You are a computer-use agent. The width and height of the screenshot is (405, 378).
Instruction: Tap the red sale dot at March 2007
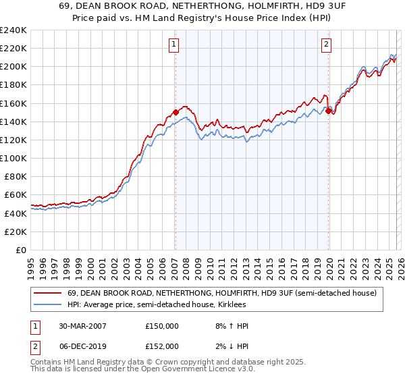click(175, 112)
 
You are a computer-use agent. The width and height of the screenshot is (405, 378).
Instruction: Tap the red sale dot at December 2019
click(328, 111)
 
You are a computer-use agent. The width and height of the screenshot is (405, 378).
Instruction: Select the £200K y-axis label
click(13, 67)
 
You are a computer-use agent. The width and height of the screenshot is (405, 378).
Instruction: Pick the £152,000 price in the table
click(162, 346)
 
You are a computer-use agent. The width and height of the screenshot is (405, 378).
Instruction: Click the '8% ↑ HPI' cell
click(230, 326)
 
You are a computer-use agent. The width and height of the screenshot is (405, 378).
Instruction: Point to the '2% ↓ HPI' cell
click(230, 346)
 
